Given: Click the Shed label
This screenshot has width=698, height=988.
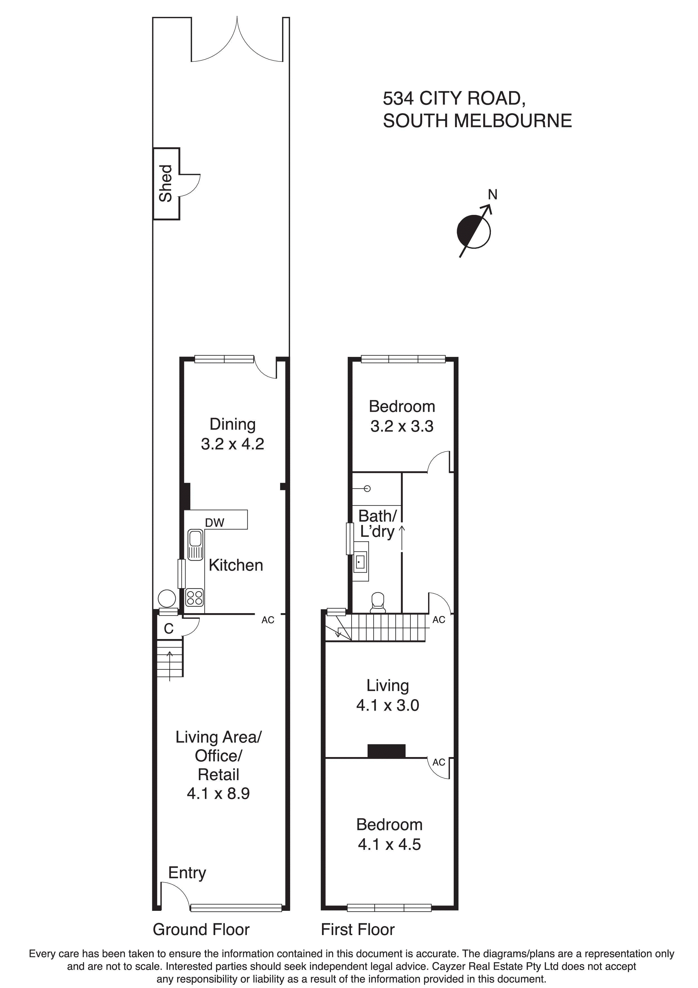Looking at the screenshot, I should coord(165,183).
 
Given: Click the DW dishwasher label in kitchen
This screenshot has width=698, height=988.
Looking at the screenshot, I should coord(214,522).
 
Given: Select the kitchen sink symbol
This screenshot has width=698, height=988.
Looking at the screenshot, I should coord(195,545).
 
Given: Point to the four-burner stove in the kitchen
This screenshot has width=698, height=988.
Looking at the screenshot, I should coord(194,598).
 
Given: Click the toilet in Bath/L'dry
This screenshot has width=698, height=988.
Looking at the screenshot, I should coord(378,602).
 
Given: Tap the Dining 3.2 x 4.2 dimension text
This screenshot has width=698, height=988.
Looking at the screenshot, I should coord(232,444).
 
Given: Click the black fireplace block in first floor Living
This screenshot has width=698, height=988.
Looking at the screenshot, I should coord(386,751).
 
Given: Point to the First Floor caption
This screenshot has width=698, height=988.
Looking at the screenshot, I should coord(357,929).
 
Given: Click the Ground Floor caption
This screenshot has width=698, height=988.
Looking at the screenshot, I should coord(201,929).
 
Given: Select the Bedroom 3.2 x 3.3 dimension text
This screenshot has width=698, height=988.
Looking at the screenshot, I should coord(402,426).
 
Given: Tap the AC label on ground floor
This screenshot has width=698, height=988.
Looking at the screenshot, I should coord(267,620).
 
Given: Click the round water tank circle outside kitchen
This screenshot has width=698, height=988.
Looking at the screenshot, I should coord(167,598).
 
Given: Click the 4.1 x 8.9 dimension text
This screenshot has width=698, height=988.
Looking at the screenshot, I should coord(218,793).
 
